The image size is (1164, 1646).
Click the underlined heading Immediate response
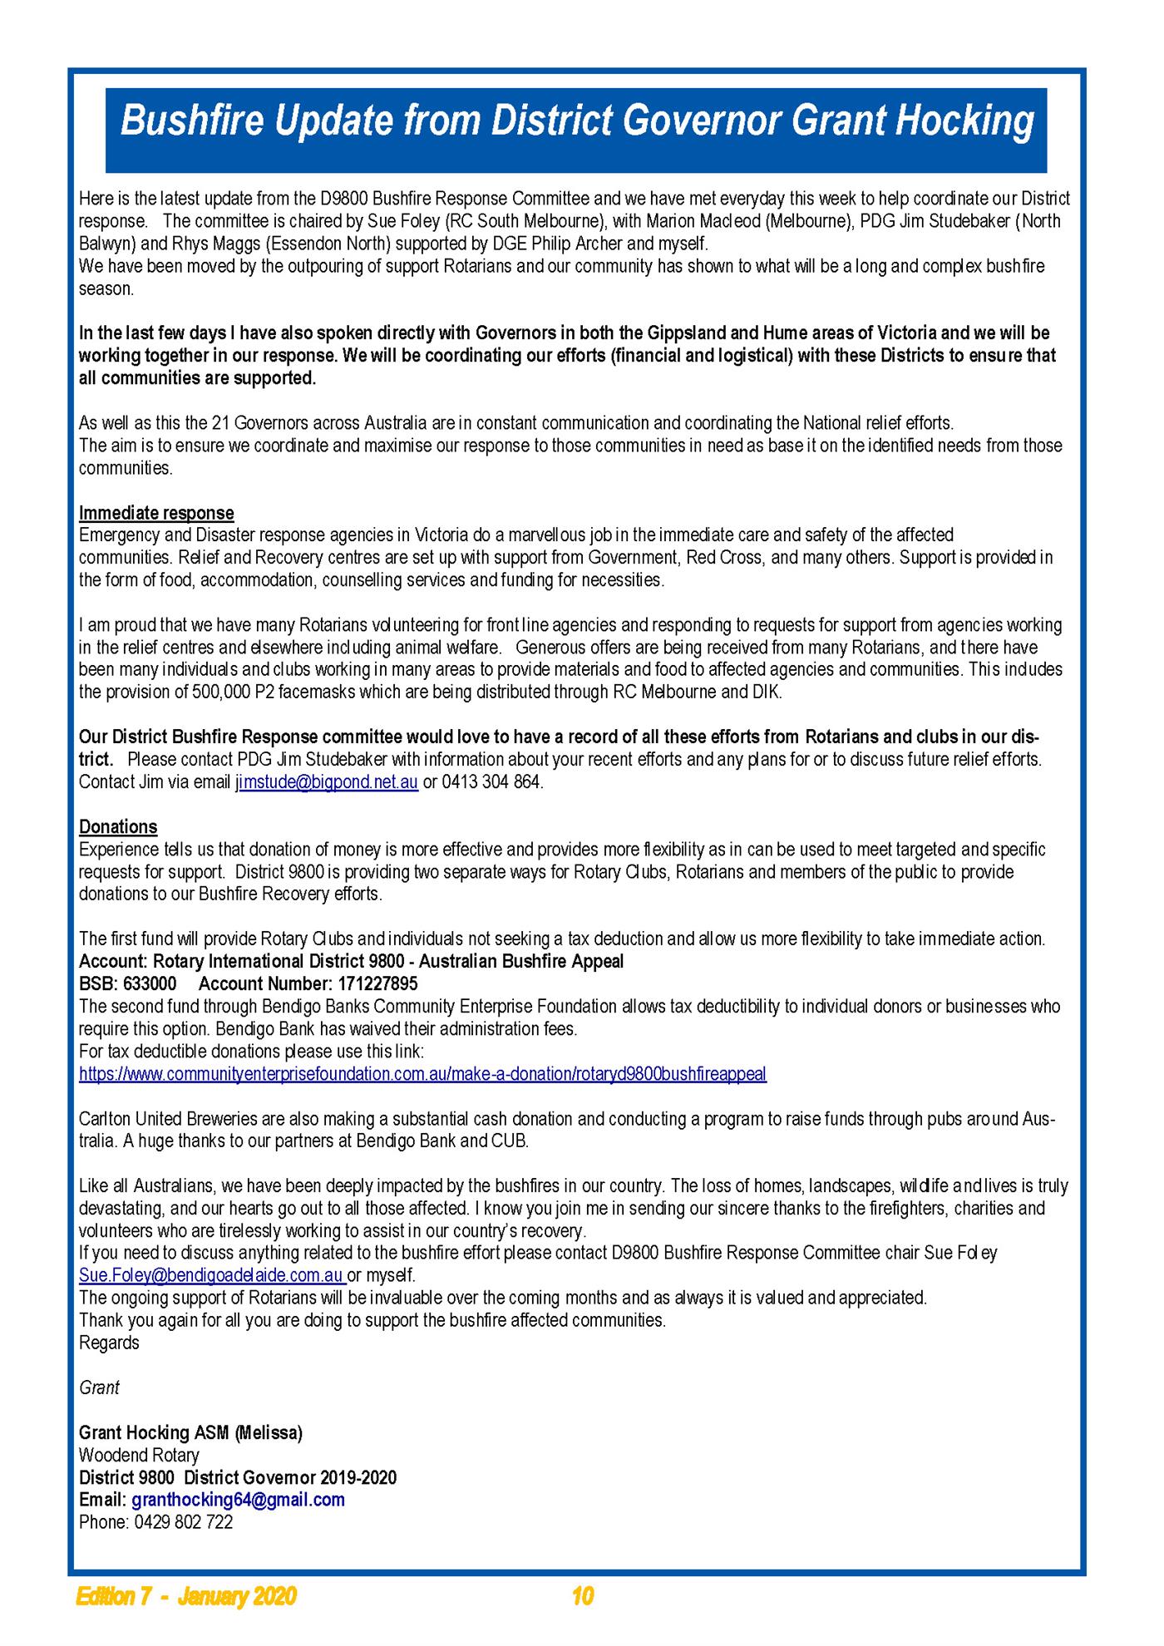tap(156, 513)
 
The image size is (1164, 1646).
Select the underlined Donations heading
tap(118, 827)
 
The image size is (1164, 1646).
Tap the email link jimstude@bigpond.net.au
tap(327, 782)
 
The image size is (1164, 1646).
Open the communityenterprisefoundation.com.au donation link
tap(422, 1073)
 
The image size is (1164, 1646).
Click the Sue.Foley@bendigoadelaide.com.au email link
tap(211, 1275)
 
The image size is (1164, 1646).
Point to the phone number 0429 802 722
tap(184, 1522)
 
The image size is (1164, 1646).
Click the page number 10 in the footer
tap(583, 1596)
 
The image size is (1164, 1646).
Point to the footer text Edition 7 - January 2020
tap(186, 1596)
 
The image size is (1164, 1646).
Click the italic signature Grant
tap(99, 1387)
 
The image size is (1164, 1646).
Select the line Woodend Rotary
tap(139, 1455)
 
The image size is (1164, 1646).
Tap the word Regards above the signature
tap(109, 1343)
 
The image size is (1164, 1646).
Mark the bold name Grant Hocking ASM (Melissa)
tap(190, 1432)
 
